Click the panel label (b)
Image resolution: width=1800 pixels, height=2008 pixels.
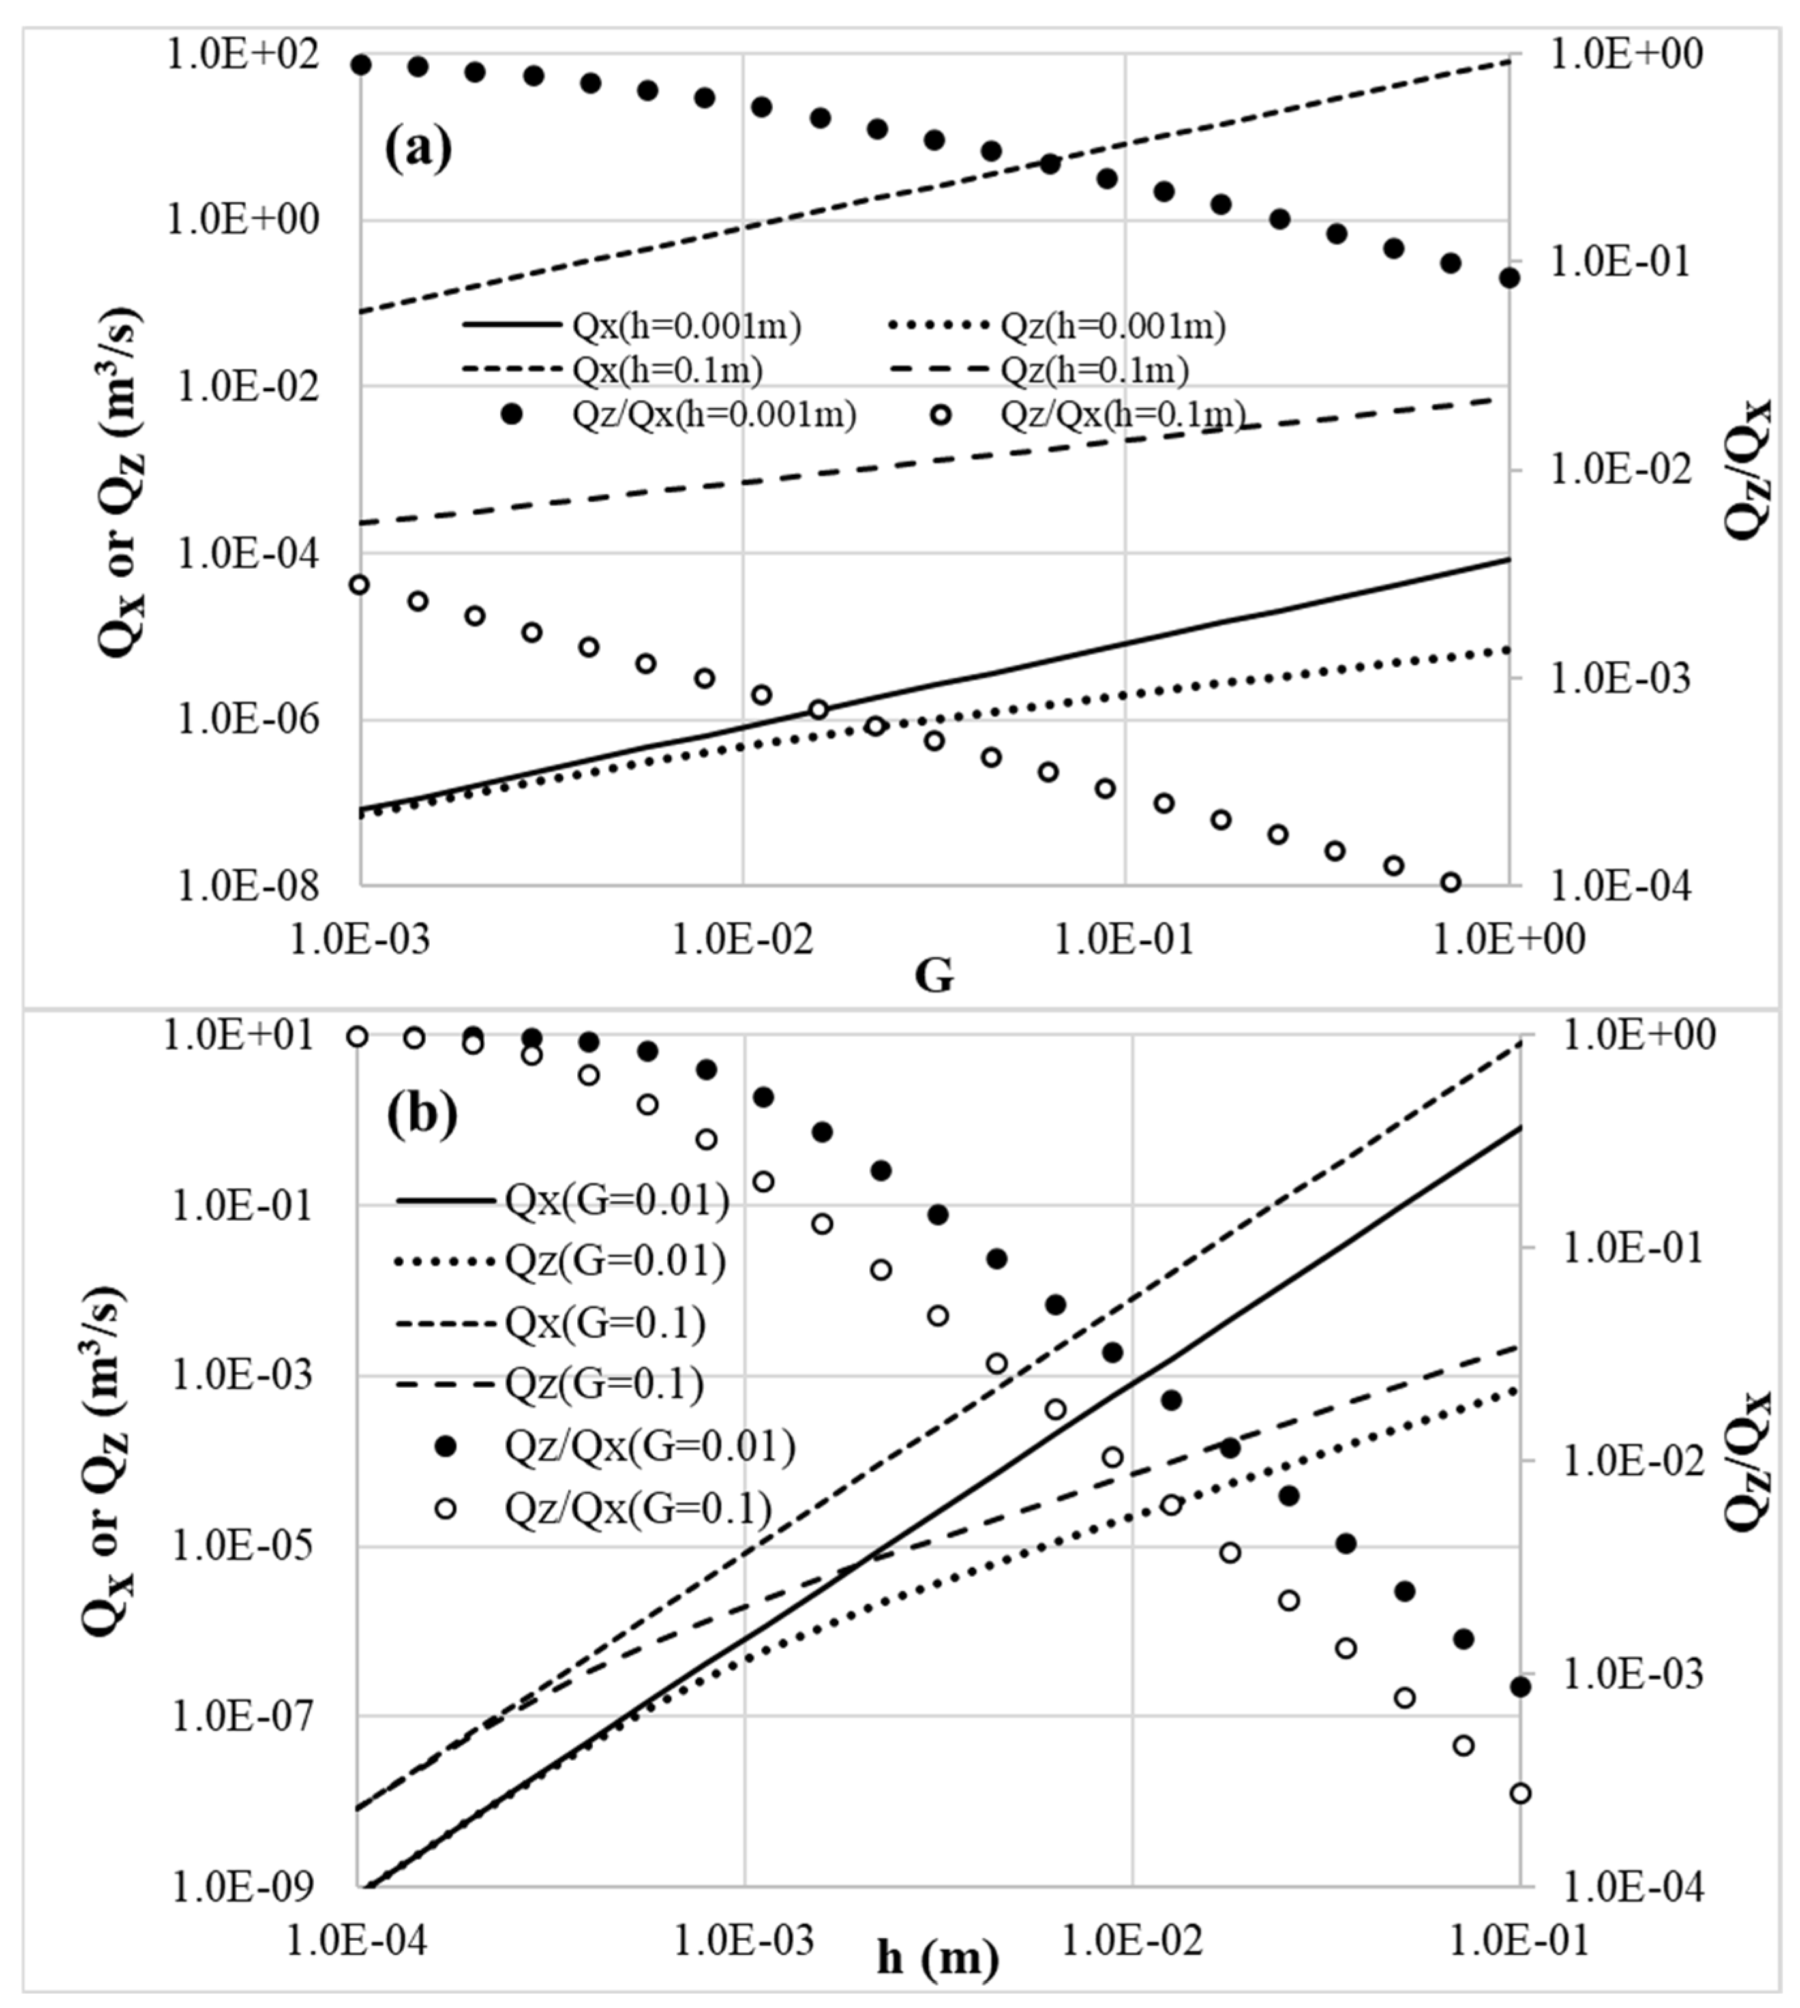pos(423,1114)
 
